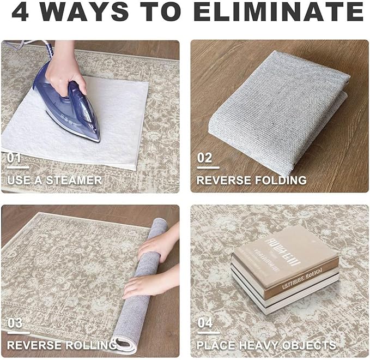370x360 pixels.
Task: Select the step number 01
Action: [15, 158]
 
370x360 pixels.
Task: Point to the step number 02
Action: [204, 158]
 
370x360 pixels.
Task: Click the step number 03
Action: [15, 323]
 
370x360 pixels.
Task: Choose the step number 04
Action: [205, 323]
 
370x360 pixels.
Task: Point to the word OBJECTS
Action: [313, 345]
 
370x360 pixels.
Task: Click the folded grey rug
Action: [278, 104]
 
